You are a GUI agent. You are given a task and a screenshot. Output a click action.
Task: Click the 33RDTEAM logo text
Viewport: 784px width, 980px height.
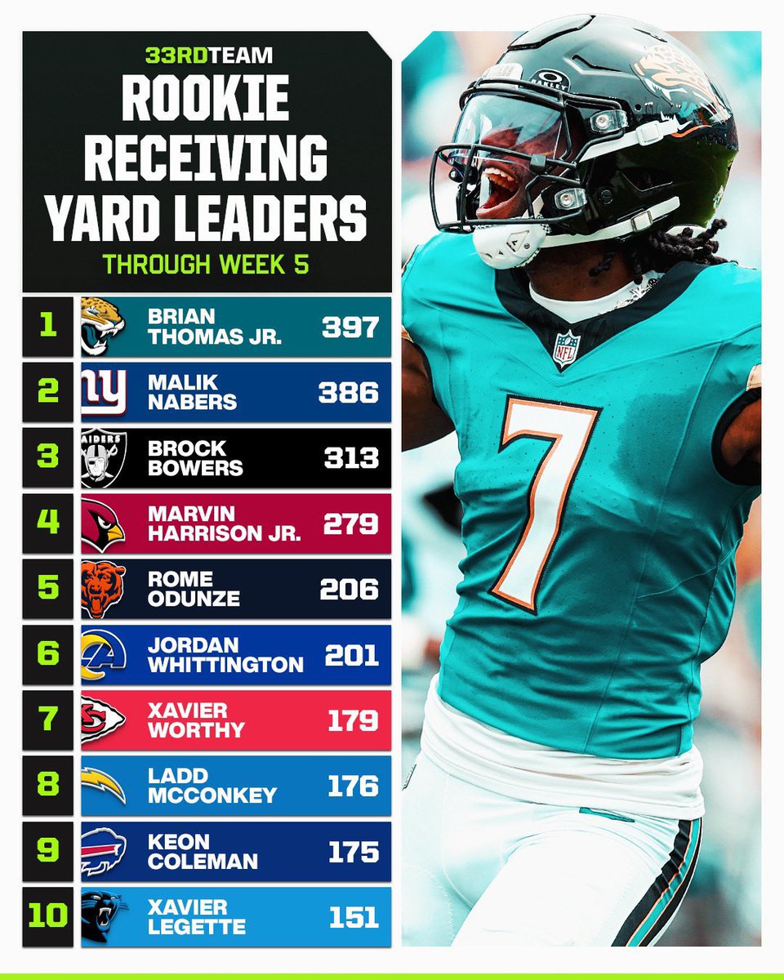pos(209,56)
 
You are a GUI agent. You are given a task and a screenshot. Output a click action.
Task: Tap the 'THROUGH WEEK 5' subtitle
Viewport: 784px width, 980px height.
pos(206,264)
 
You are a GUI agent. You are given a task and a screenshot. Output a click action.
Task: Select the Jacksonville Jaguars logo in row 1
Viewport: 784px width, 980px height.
pos(103,326)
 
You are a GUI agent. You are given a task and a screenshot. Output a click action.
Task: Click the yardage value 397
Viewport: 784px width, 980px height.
pos(350,327)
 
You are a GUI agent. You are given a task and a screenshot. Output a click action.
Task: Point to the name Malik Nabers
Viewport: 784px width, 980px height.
pos(192,392)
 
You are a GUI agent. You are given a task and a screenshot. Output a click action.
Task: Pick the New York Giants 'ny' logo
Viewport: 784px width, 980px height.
pos(104,392)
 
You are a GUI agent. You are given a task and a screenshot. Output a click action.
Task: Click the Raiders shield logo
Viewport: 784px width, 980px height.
pos(104,457)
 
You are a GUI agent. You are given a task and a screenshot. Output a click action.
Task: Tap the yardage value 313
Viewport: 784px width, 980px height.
pos(351,457)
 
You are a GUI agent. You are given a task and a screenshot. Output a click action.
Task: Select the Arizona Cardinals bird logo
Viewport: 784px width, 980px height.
pos(103,524)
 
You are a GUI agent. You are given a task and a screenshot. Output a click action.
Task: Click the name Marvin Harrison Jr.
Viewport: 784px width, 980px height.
pos(224,523)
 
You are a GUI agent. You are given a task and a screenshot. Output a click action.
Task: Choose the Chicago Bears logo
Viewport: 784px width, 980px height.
pos(103,590)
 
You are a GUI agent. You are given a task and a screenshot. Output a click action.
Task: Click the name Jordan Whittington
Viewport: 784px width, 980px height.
pos(225,655)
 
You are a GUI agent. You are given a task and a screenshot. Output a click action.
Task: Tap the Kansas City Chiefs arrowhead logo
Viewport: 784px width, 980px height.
pos(103,720)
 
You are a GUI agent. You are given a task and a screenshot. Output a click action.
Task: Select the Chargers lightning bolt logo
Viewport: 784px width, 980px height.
pos(103,786)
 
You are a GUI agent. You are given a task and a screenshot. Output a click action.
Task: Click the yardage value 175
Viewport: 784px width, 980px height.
pos(354,852)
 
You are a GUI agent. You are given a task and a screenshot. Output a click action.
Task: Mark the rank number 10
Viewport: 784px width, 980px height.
pos(48,915)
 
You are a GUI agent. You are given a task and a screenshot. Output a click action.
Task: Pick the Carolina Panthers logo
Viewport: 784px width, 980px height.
pos(104,917)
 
